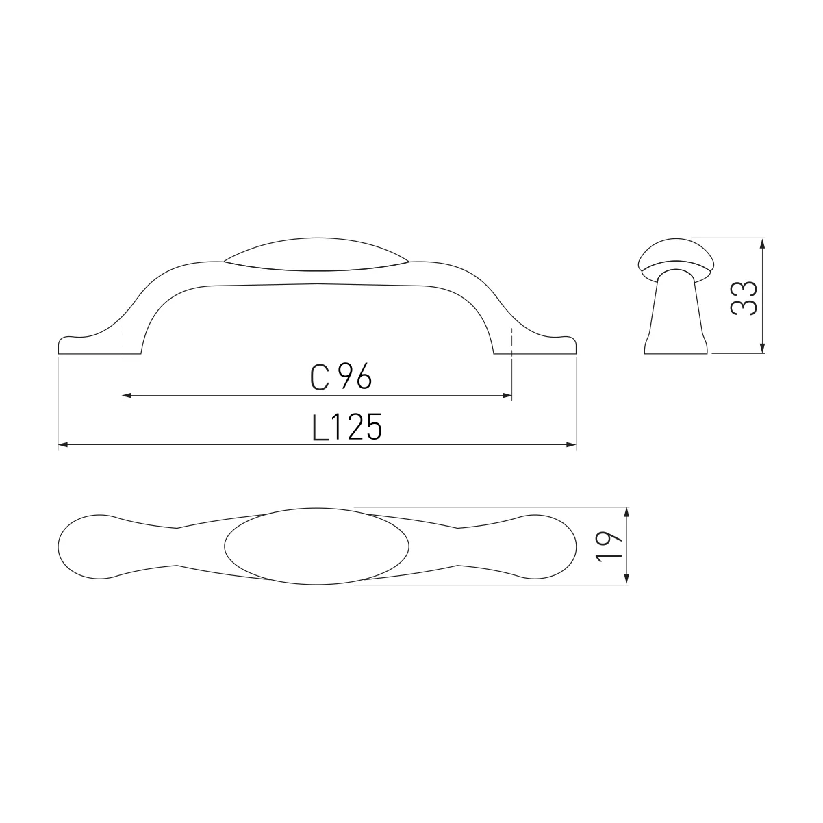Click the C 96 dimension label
(x=341, y=377)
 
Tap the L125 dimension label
(x=346, y=427)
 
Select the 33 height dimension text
(x=744, y=298)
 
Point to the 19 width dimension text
(x=609, y=546)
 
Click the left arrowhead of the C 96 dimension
(x=127, y=396)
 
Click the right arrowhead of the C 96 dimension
(x=507, y=396)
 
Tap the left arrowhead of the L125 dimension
(x=63, y=445)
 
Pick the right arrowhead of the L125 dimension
(x=572, y=445)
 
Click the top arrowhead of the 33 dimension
(x=763, y=244)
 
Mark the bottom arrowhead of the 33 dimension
(x=763, y=349)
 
